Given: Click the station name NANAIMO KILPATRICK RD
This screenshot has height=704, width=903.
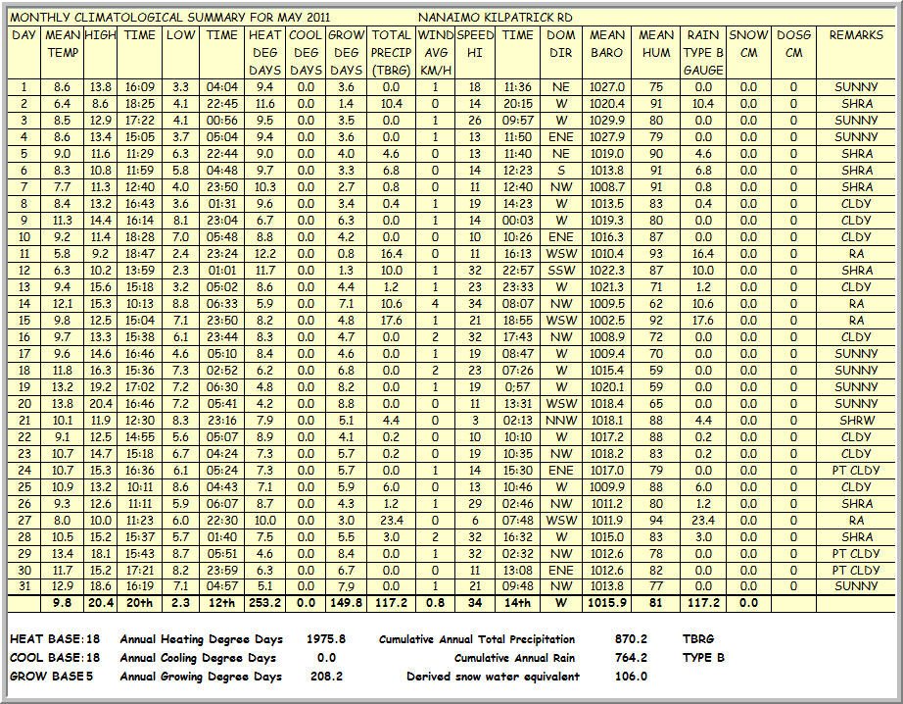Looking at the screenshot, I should (496, 18).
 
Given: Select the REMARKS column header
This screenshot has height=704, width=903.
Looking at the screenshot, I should (856, 35).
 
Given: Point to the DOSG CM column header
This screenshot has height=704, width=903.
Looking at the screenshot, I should (793, 44).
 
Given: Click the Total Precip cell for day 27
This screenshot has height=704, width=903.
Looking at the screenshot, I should (392, 521).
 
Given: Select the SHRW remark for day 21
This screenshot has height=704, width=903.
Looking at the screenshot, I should (856, 421).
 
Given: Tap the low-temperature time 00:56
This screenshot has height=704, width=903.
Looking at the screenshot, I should (221, 121).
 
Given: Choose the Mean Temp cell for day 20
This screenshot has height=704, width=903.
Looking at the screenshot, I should (63, 404).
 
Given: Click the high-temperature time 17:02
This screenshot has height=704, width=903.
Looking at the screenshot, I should (140, 387).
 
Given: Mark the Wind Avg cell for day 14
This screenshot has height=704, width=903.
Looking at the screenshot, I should (435, 304).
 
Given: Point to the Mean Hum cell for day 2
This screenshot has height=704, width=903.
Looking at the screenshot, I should (656, 104).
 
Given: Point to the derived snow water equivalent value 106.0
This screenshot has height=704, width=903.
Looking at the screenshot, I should (629, 677).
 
